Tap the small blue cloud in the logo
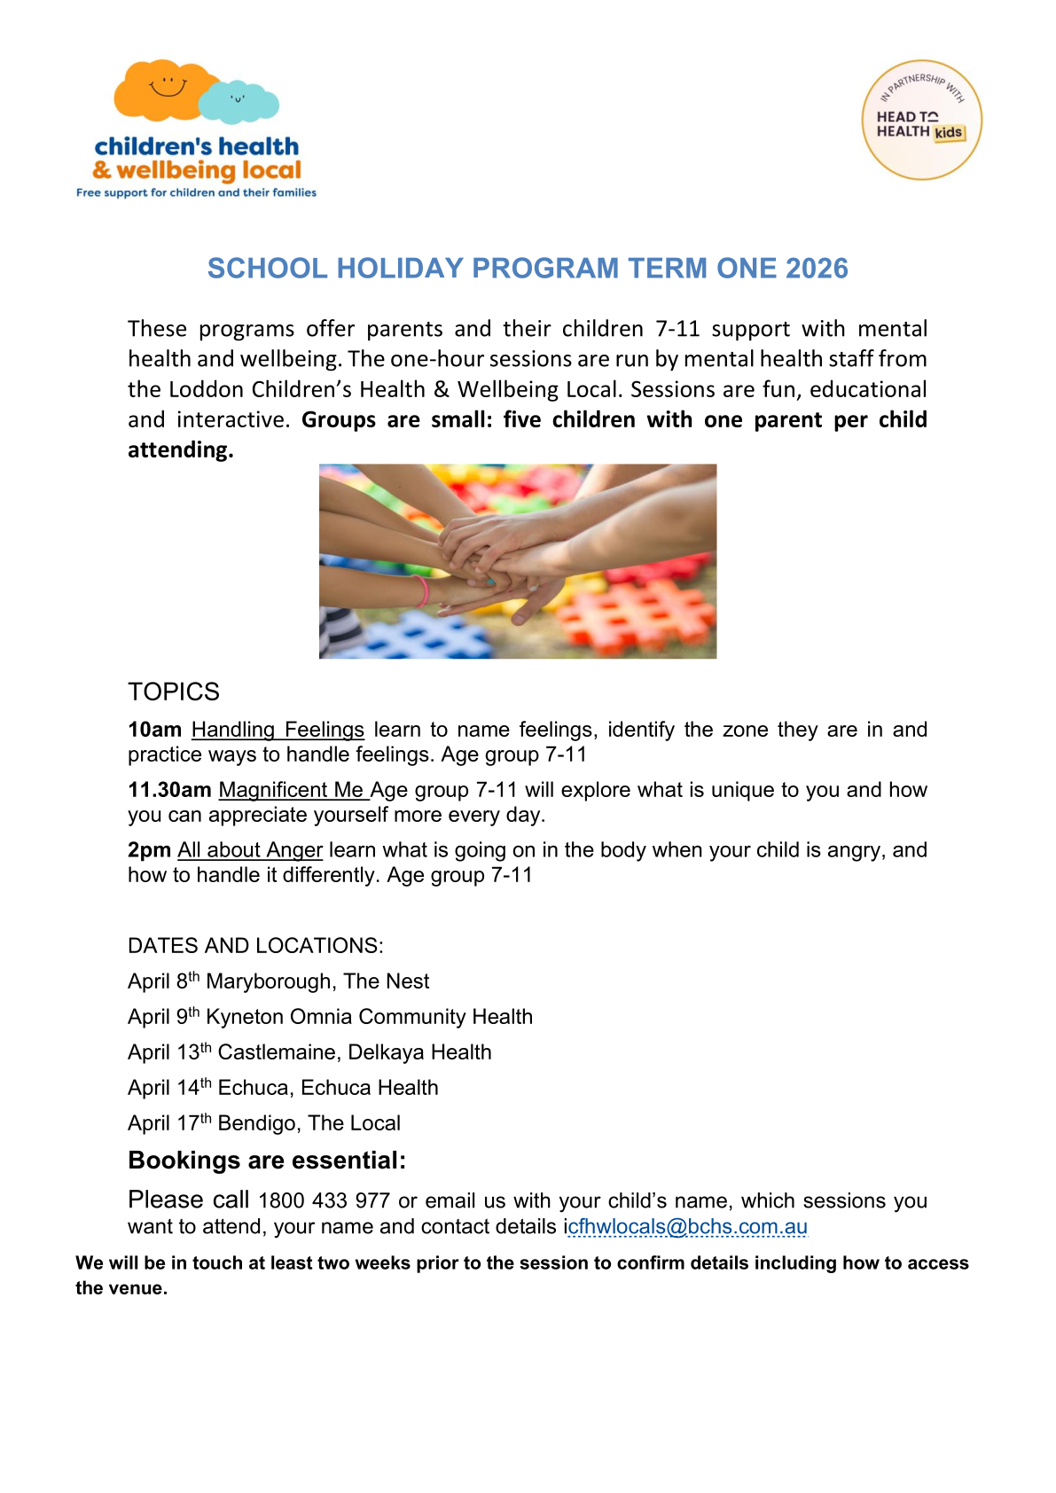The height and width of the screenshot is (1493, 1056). coord(239,103)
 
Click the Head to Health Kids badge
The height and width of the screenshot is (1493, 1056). coord(921,121)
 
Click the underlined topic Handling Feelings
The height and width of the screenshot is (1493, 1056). coord(278,730)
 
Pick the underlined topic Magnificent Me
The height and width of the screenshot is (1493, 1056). coord(292,790)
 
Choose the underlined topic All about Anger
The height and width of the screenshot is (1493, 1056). coord(250,850)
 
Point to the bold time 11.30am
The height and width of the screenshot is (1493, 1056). coord(169,790)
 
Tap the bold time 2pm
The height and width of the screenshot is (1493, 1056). coord(149,850)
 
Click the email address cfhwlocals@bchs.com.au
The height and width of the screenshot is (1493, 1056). coord(688,1227)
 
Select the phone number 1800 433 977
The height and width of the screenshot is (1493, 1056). coord(324,1201)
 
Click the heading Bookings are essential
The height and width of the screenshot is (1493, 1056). coord(267,1161)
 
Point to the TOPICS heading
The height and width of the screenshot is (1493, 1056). coord(174,692)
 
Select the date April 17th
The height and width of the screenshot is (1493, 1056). coord(169,1123)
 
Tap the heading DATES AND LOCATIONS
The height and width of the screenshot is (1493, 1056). coord(255,946)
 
